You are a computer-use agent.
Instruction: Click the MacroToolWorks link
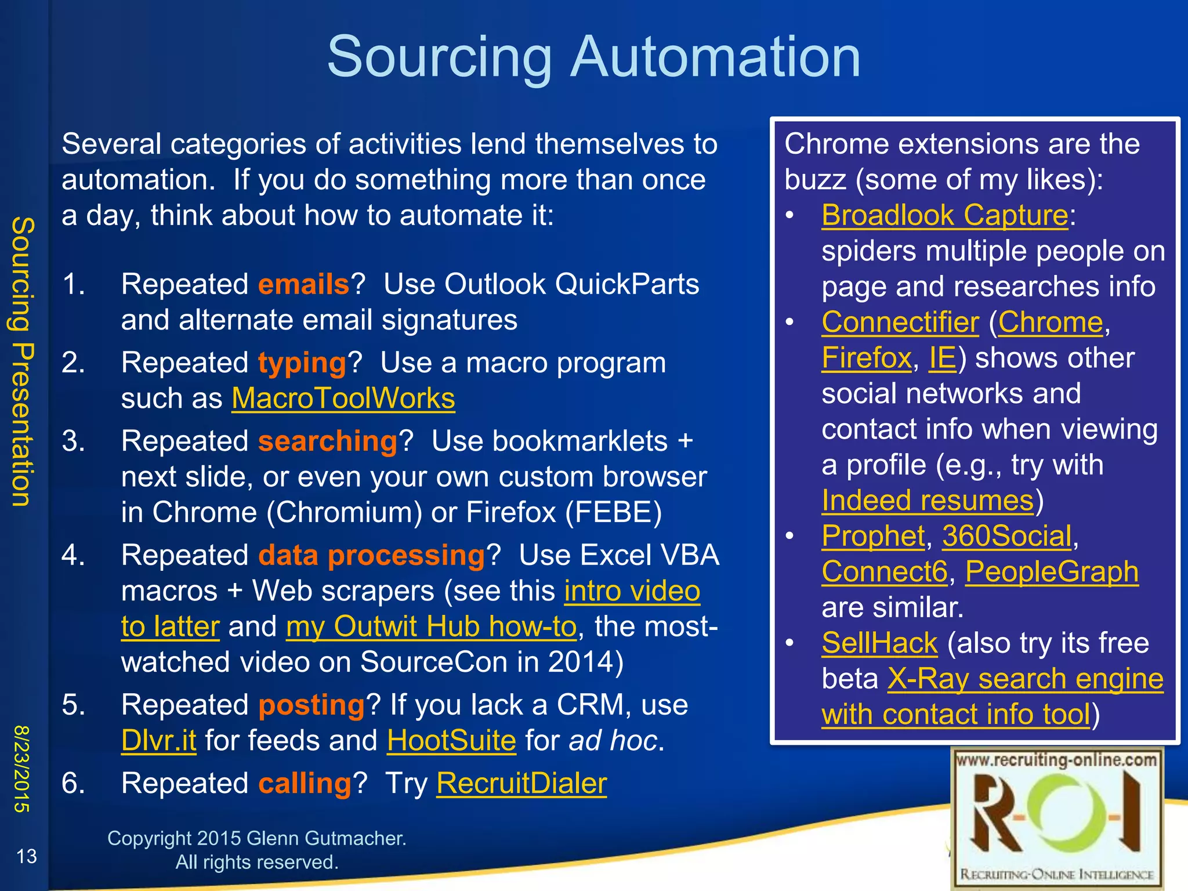[x=343, y=399]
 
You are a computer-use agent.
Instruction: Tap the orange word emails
[x=303, y=285]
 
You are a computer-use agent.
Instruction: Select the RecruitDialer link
[x=521, y=784]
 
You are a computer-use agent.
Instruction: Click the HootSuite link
[x=451, y=741]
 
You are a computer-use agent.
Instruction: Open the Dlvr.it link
[x=158, y=741]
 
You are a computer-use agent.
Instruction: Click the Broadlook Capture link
[x=944, y=216]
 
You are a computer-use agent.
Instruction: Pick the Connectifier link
[x=900, y=323]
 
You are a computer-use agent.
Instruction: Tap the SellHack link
[x=879, y=643]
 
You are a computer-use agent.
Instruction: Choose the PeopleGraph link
[x=1051, y=572]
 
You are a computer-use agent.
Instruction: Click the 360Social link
[x=1006, y=536]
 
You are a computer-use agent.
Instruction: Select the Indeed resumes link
[x=927, y=501]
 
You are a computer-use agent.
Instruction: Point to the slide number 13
[x=26, y=856]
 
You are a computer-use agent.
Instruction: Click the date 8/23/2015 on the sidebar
[x=21, y=769]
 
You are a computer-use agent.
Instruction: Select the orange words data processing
[x=371, y=556]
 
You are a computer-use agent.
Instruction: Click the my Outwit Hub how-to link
[x=431, y=627]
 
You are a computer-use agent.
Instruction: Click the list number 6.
[x=73, y=784]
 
